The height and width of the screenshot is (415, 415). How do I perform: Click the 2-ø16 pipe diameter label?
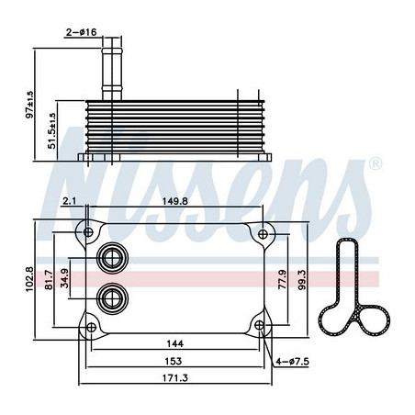(82, 32)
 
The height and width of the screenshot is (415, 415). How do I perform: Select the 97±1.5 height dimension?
(30, 105)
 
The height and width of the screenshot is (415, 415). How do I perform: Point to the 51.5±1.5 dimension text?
(52, 130)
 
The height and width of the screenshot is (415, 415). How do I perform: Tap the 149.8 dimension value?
(175, 201)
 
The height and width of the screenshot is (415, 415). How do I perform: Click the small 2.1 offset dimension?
(69, 201)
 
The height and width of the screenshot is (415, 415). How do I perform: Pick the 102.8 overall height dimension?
(29, 279)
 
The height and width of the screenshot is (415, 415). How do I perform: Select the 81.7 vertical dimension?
(49, 279)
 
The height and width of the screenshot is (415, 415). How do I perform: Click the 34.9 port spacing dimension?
(64, 278)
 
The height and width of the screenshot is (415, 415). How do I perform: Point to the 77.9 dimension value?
(282, 279)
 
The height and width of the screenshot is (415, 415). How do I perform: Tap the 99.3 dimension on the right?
(302, 280)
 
